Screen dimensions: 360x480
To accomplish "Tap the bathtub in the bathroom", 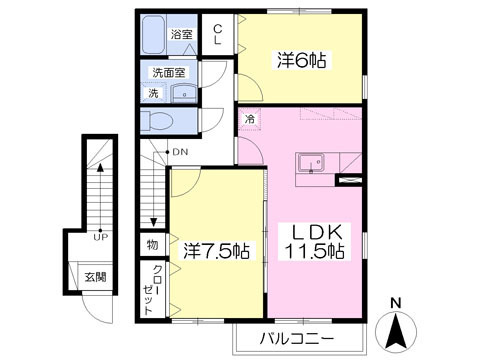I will (156, 37).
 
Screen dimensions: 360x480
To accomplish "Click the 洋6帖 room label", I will (303, 61).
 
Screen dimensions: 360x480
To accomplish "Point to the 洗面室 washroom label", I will (167, 73).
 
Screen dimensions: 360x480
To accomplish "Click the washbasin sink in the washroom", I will (184, 93).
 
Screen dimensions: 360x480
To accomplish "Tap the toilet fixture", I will (159, 121).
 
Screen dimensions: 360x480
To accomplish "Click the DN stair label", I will (181, 152).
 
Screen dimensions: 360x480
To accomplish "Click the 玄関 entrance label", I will (94, 277).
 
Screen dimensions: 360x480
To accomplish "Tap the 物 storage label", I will (153, 244).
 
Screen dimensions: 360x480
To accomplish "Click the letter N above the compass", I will (397, 302).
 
